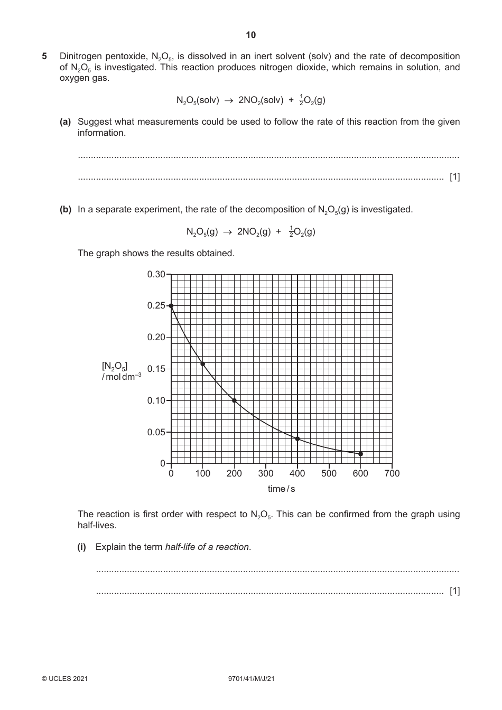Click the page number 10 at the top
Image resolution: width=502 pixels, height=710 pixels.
click(x=250, y=35)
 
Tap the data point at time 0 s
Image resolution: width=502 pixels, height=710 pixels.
click(x=171, y=306)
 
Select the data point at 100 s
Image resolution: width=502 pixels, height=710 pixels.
click(x=203, y=364)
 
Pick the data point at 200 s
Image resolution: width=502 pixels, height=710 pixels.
click(x=234, y=400)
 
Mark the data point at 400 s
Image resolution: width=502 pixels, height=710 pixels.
click(x=298, y=439)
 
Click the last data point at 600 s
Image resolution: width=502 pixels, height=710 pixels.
click(x=360, y=454)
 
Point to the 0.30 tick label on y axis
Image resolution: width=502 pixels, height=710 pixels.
click(x=156, y=274)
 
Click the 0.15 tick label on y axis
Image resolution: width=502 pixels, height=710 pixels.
click(x=156, y=369)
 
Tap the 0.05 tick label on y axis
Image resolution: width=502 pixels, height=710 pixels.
click(x=156, y=432)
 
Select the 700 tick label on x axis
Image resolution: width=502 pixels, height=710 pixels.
click(x=392, y=473)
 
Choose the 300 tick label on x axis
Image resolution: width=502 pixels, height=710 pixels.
click(x=266, y=473)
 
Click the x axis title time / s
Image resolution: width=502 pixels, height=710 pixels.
click(x=281, y=489)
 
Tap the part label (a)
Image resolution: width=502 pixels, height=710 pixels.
click(x=65, y=122)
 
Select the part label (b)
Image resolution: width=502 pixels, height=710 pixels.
click(x=65, y=209)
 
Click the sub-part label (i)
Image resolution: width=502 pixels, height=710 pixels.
click(x=82, y=547)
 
